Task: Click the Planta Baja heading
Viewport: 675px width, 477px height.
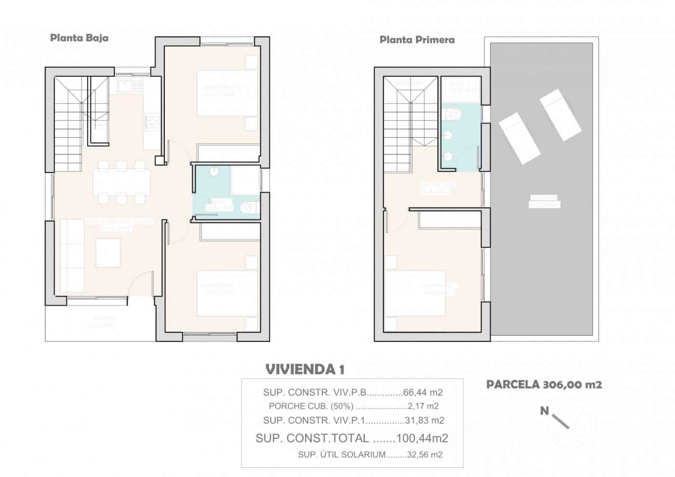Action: click(79, 38)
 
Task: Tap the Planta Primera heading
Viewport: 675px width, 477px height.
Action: click(417, 40)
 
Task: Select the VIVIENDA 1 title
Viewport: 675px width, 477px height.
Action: click(305, 369)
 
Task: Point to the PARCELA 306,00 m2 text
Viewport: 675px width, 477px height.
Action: click(544, 384)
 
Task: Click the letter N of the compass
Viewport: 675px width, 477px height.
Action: click(544, 411)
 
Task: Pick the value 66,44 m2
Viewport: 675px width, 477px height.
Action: click(422, 392)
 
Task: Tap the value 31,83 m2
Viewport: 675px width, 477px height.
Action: click(424, 421)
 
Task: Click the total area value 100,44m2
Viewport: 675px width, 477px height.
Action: click(422, 438)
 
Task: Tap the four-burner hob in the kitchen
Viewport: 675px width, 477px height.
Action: click(152, 121)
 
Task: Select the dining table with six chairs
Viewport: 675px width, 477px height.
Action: click(121, 182)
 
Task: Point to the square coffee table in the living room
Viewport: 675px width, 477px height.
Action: click(108, 253)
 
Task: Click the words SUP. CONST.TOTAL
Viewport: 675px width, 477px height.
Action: click(312, 438)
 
